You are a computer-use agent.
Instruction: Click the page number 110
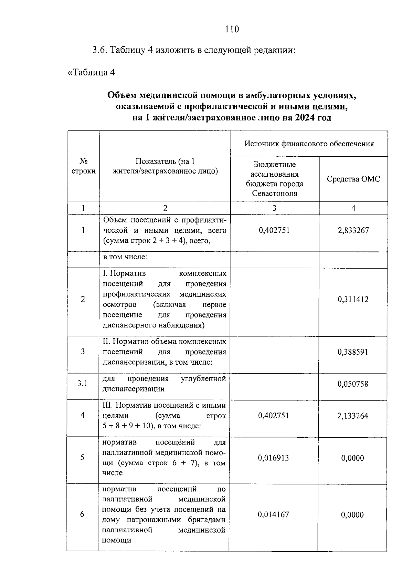[232, 29]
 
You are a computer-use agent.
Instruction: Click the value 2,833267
[353, 230]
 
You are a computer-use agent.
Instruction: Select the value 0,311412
[353, 299]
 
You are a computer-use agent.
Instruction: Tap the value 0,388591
[353, 352]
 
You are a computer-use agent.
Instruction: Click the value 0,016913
[273, 458]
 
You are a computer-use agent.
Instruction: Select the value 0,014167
[273, 515]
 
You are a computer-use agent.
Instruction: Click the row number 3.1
[82, 384]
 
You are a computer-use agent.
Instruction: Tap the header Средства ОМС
[353, 179]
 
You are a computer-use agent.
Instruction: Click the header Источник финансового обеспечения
[309, 144]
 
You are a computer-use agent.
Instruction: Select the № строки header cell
[83, 166]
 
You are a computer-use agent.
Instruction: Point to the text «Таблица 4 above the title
[91, 73]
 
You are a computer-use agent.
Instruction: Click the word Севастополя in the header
[274, 193]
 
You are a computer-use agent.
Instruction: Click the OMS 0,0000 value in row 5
[352, 458]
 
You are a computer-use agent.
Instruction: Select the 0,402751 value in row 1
[274, 230]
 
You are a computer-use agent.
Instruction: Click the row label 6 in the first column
[82, 514]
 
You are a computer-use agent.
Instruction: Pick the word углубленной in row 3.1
[203, 379]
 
